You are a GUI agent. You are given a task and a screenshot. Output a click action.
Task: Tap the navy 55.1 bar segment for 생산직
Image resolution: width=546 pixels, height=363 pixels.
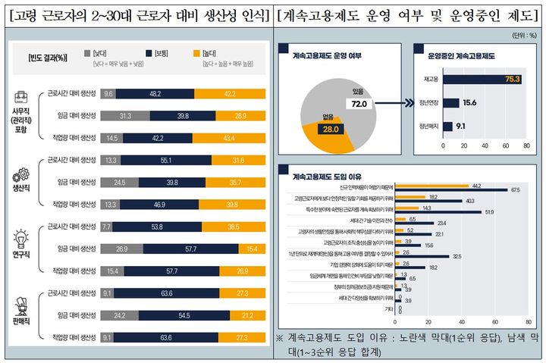point(164,159)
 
